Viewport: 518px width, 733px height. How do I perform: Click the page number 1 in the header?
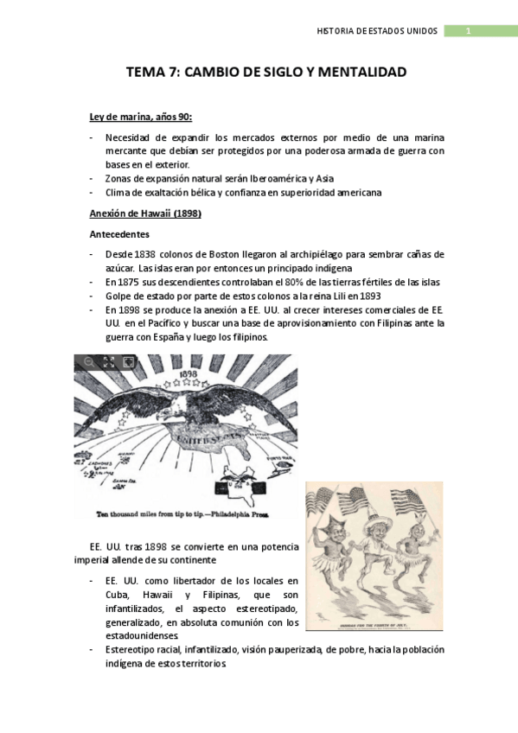468,31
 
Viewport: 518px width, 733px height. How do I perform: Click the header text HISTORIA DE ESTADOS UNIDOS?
378,31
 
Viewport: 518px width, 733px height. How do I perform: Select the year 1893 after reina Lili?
364,296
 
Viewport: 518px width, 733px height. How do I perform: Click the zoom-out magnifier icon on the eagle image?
88,362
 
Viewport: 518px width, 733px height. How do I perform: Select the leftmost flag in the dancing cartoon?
330,500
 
